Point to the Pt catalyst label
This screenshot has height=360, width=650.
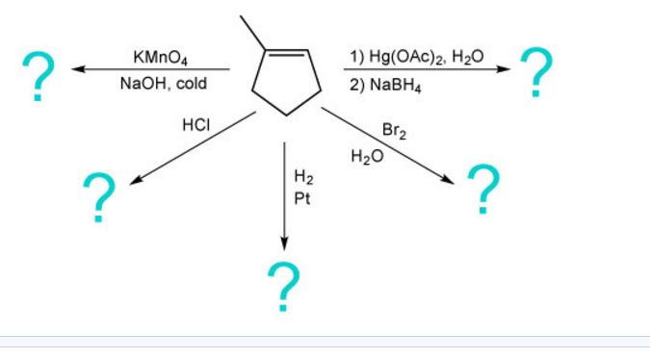tap(301, 198)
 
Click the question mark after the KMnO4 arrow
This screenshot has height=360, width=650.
tap(37, 78)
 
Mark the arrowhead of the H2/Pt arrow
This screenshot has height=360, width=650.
tap(283, 240)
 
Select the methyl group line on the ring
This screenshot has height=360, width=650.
tap(248, 30)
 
